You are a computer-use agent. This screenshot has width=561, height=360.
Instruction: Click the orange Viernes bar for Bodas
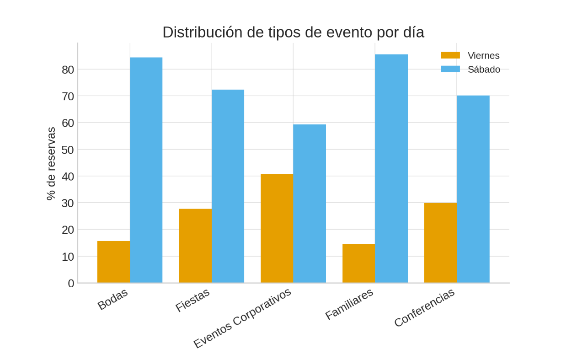click(113, 262)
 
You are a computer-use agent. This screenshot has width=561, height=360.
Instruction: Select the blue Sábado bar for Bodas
click(146, 170)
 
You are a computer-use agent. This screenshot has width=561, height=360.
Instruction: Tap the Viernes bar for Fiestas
click(195, 246)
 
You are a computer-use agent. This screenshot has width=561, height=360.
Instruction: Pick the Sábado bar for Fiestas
click(228, 186)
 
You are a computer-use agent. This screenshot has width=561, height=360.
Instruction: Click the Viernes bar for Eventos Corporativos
click(277, 228)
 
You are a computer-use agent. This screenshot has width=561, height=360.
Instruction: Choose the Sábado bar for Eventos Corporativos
click(310, 204)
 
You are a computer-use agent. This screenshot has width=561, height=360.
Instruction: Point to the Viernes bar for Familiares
click(358, 263)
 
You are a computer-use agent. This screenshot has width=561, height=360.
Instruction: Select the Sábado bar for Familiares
click(391, 168)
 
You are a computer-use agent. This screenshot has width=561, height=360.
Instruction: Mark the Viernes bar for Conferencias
click(440, 242)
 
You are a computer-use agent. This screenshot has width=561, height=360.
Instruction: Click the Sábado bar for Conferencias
click(473, 189)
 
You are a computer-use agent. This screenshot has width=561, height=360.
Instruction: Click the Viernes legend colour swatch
click(450, 55)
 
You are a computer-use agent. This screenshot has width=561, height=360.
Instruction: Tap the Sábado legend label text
click(484, 70)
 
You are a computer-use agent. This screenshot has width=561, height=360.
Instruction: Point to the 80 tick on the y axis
click(68, 70)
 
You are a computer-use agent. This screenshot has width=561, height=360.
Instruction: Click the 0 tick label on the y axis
click(71, 284)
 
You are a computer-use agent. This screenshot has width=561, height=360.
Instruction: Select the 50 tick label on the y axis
click(68, 150)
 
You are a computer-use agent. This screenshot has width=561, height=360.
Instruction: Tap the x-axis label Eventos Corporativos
click(242, 318)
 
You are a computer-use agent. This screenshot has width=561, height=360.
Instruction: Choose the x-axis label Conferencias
click(424, 307)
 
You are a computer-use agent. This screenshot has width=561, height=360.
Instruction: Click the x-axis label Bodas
click(112, 299)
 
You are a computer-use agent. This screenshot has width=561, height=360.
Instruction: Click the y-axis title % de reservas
click(51, 163)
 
